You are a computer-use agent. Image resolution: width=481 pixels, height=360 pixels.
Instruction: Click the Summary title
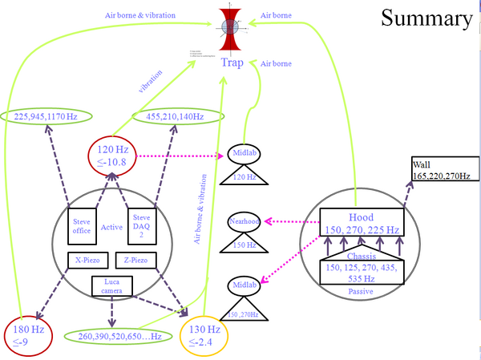click(x=426, y=19)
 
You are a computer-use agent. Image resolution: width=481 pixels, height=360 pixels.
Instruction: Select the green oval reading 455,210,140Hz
click(x=175, y=116)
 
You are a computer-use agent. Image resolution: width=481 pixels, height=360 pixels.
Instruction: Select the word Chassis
click(x=361, y=257)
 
